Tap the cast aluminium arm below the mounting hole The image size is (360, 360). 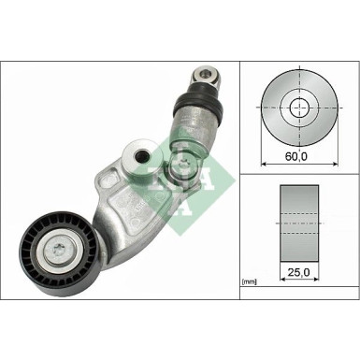[x=122, y=201]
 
